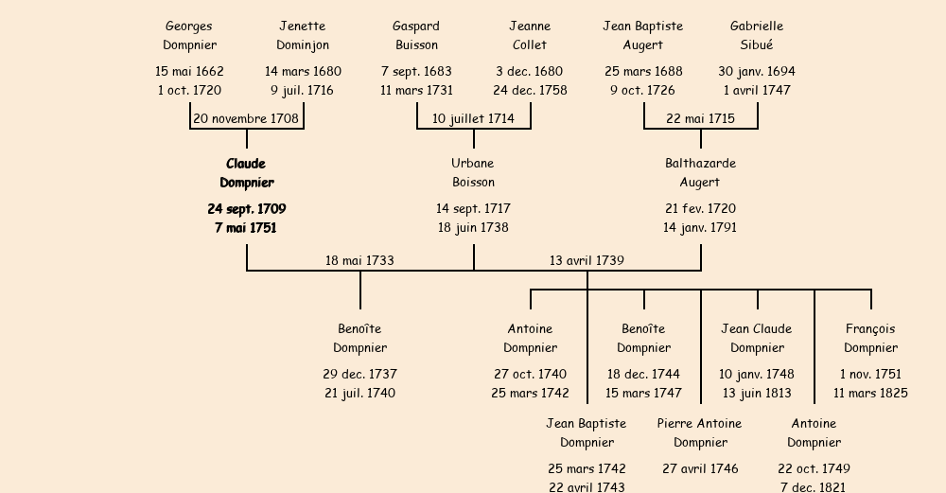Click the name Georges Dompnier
[189, 35]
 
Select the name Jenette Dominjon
[303, 35]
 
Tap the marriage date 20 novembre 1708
[246, 118]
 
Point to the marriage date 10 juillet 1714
[473, 118]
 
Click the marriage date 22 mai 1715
[700, 118]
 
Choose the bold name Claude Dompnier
[246, 173]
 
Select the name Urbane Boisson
[473, 173]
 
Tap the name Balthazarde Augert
[700, 173]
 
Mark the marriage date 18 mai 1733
[359, 260]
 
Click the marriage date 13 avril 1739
[587, 260]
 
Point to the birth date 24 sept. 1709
[246, 208]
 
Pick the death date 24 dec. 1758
[530, 91]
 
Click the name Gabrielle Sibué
[757, 35]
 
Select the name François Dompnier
[870, 338]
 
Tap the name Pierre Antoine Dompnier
[700, 432]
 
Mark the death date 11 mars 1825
[870, 394]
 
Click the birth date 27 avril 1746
[700, 468]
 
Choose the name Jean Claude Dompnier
[757, 338]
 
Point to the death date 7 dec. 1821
[814, 487]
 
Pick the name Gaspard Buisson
[416, 35]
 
